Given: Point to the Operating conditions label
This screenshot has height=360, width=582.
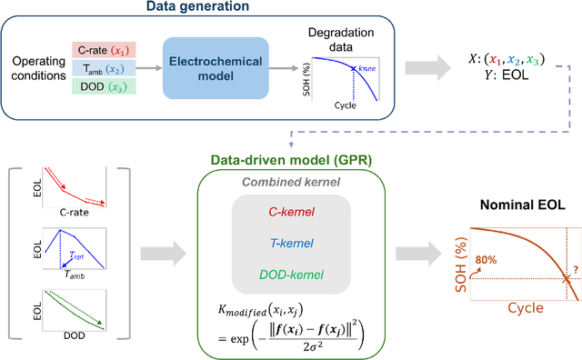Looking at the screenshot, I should coord(35,68).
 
